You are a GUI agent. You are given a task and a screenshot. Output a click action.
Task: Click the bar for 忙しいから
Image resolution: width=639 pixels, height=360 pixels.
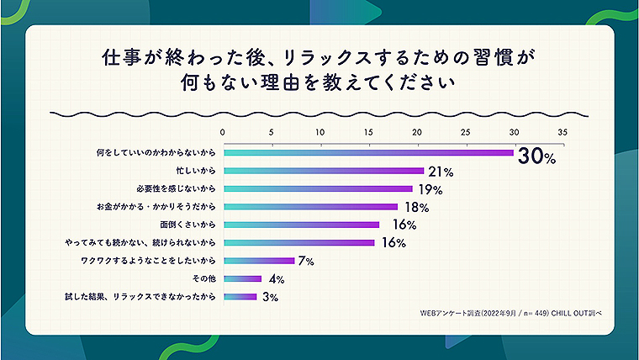323,171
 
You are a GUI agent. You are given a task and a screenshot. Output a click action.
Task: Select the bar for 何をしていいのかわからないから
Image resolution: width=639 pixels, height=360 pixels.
367,152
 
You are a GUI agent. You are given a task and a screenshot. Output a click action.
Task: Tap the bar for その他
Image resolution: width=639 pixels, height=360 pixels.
242,278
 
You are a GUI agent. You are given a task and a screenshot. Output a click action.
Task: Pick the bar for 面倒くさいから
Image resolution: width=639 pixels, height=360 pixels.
301,225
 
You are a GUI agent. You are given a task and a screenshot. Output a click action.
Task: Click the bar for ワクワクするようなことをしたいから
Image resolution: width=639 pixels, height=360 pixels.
258,261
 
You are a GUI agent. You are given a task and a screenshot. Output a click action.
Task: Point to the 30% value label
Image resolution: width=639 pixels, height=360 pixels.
537,155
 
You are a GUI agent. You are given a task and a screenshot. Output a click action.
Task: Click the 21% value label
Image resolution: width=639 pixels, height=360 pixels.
440,172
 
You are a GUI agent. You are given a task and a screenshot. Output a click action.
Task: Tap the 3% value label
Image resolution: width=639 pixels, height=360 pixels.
268,297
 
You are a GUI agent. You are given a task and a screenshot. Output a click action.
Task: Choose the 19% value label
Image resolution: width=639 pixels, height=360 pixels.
429,189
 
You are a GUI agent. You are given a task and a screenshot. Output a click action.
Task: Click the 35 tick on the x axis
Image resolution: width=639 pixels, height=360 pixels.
562,132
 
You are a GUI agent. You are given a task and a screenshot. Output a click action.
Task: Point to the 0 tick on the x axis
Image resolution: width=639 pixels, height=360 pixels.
222,132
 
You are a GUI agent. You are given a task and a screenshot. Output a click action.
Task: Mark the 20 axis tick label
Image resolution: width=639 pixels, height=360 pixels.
417,132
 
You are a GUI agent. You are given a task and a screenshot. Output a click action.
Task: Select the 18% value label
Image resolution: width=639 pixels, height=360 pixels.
414,207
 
